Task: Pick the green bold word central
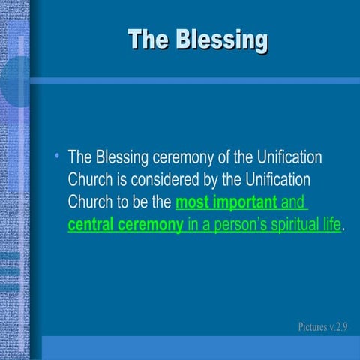click(91, 225)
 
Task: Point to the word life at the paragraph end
click(330, 225)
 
